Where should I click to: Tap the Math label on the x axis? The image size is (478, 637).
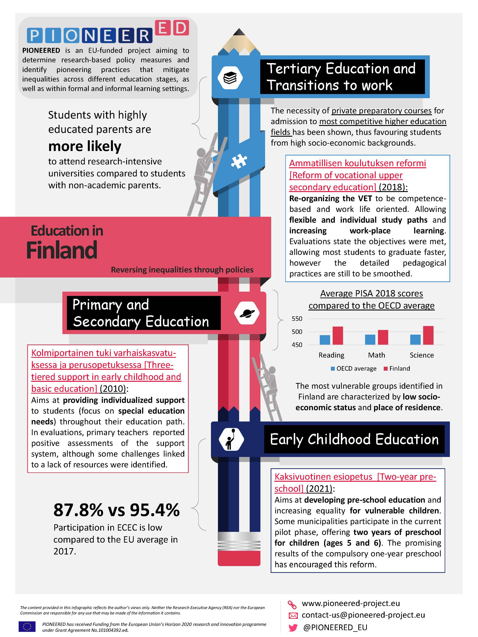(376, 355)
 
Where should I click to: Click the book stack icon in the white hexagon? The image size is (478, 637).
(230, 78)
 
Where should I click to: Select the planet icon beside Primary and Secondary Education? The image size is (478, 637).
(247, 313)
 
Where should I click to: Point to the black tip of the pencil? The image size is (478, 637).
(239, 32)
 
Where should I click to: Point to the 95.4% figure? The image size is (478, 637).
(154, 510)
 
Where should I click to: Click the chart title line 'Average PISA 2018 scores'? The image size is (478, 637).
(371, 293)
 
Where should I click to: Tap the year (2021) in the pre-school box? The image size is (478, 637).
(319, 489)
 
